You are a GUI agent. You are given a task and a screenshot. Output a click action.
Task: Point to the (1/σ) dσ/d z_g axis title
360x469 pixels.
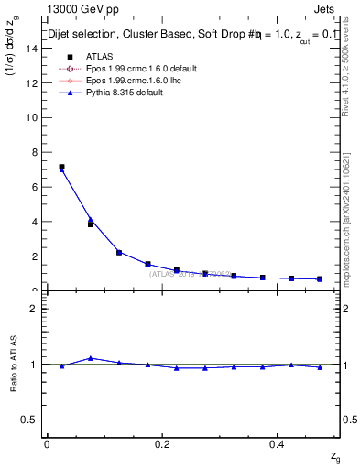click(13, 55)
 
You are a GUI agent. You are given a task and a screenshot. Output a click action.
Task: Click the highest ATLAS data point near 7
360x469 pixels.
click(61, 167)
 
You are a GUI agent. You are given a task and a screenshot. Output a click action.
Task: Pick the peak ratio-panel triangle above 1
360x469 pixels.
click(90, 358)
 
